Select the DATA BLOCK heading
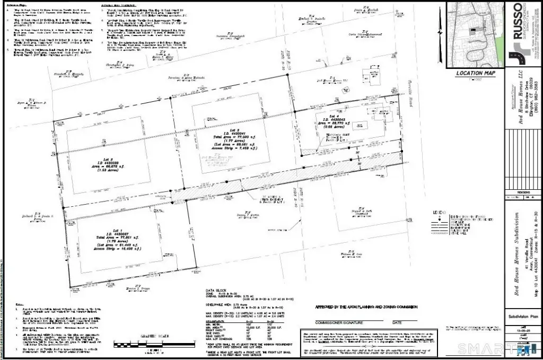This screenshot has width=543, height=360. (217, 291)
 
